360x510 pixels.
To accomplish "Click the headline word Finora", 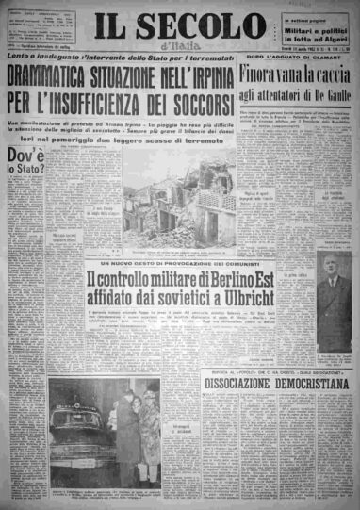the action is [x=263, y=74].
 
